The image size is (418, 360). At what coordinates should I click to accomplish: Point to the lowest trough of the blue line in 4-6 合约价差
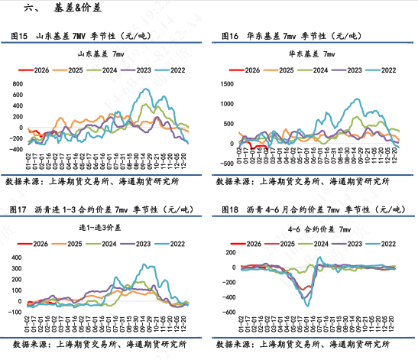point(308,305)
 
